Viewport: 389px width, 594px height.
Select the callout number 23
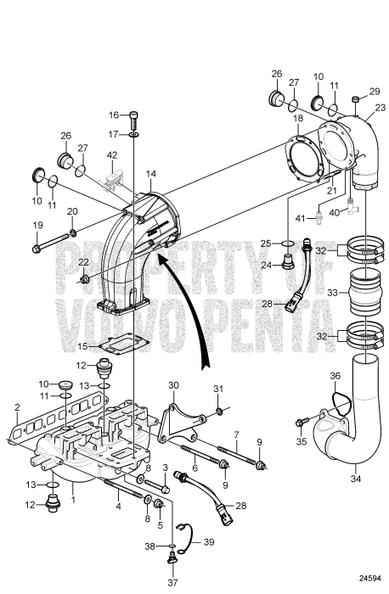[x=380, y=107]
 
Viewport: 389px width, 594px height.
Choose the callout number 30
[x=173, y=384]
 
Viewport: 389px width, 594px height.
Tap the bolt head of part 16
[x=134, y=116]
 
